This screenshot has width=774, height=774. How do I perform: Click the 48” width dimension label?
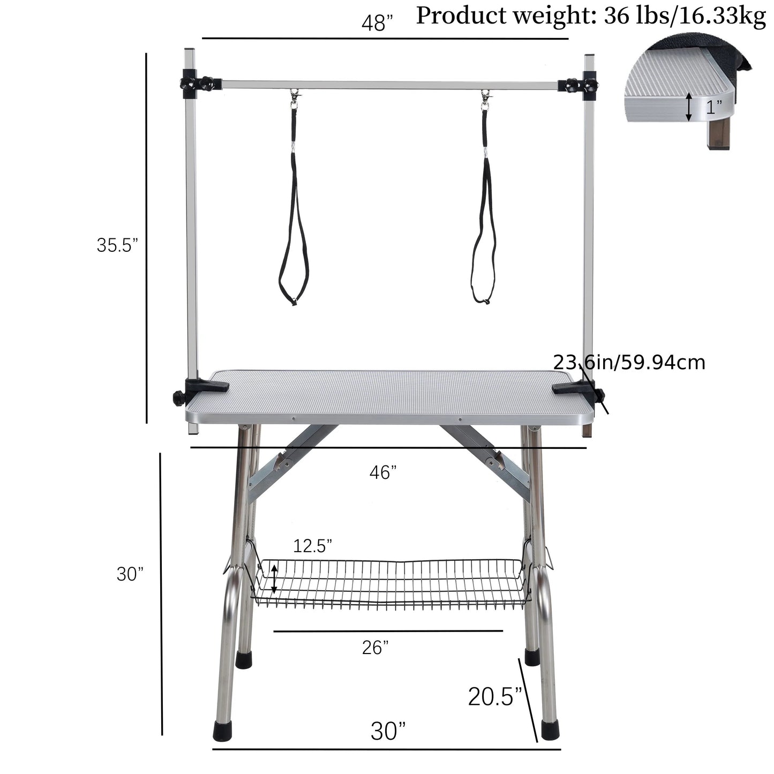[x=377, y=23]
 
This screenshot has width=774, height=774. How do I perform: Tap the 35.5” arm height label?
[x=117, y=245]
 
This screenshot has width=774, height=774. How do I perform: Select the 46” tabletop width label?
[x=383, y=472]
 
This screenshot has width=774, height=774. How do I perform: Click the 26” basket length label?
[x=375, y=648]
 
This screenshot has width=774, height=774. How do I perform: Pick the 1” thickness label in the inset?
[x=714, y=107]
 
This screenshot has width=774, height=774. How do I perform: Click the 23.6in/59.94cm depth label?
[x=629, y=362]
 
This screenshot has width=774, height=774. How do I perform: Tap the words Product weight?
[x=507, y=17]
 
